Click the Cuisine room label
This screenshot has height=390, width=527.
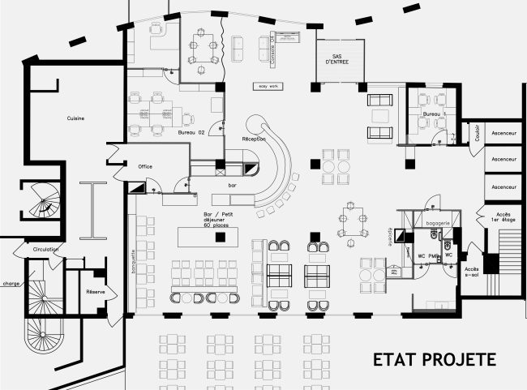pos(76,118)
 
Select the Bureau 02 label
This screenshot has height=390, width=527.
pos(191,131)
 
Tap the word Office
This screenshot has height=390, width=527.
pos(145,165)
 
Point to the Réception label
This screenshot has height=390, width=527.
pos(254,139)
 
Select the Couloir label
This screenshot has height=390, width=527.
pos(477,131)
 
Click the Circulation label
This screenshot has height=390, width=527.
pos(45,249)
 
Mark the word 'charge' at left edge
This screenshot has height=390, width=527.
pos(11,284)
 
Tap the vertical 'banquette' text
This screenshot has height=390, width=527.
pos(132,260)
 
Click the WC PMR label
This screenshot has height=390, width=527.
pos(428,255)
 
